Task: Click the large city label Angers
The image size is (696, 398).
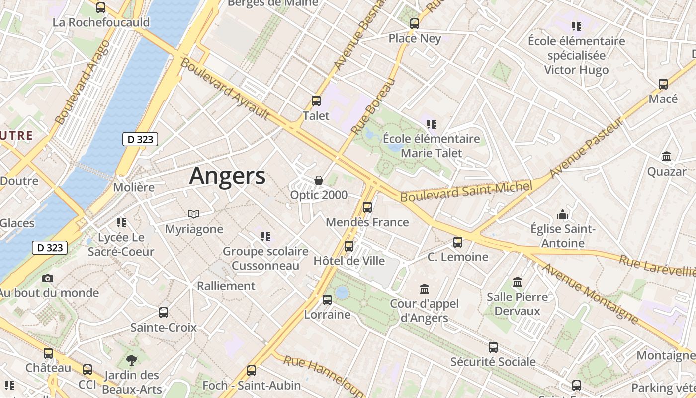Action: [228, 176]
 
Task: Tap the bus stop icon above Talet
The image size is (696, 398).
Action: [316, 101]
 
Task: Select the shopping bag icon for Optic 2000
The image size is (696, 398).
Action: [319, 180]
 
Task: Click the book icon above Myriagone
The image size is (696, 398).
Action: [194, 214]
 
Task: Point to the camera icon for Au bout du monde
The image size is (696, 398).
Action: [48, 278]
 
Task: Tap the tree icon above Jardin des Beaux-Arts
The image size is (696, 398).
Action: [132, 360]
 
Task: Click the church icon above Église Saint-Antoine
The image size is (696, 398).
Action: [563, 214]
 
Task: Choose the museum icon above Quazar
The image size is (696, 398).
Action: [667, 157]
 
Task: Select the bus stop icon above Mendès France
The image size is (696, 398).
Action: [367, 207]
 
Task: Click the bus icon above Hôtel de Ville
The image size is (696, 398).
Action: [349, 246]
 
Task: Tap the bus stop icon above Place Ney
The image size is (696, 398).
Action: [415, 23]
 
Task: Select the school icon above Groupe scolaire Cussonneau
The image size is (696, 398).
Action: [265, 236]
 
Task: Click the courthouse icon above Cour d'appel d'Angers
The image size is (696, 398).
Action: [425, 289]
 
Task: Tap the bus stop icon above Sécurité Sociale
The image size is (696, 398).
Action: [493, 347]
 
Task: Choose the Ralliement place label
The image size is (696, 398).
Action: [226, 286]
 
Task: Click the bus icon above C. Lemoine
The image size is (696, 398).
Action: [458, 242]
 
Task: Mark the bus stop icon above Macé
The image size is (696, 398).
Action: [663, 84]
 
